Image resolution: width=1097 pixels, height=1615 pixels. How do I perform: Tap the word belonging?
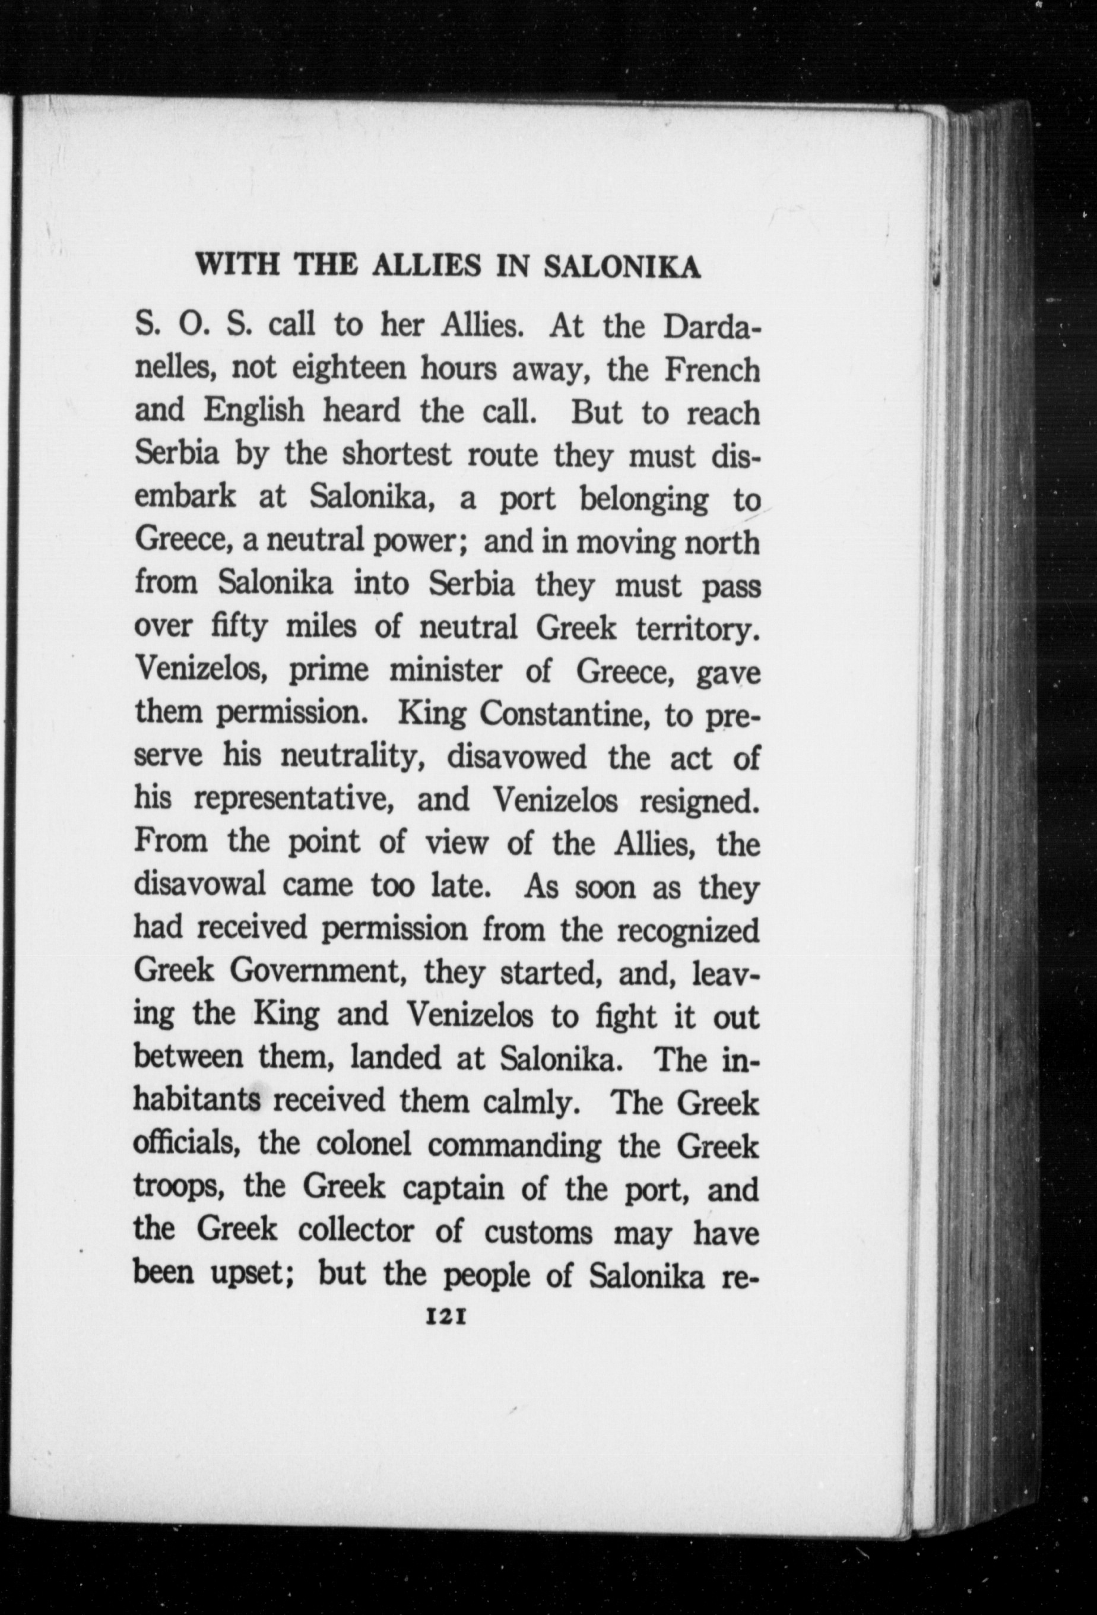point(643,501)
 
